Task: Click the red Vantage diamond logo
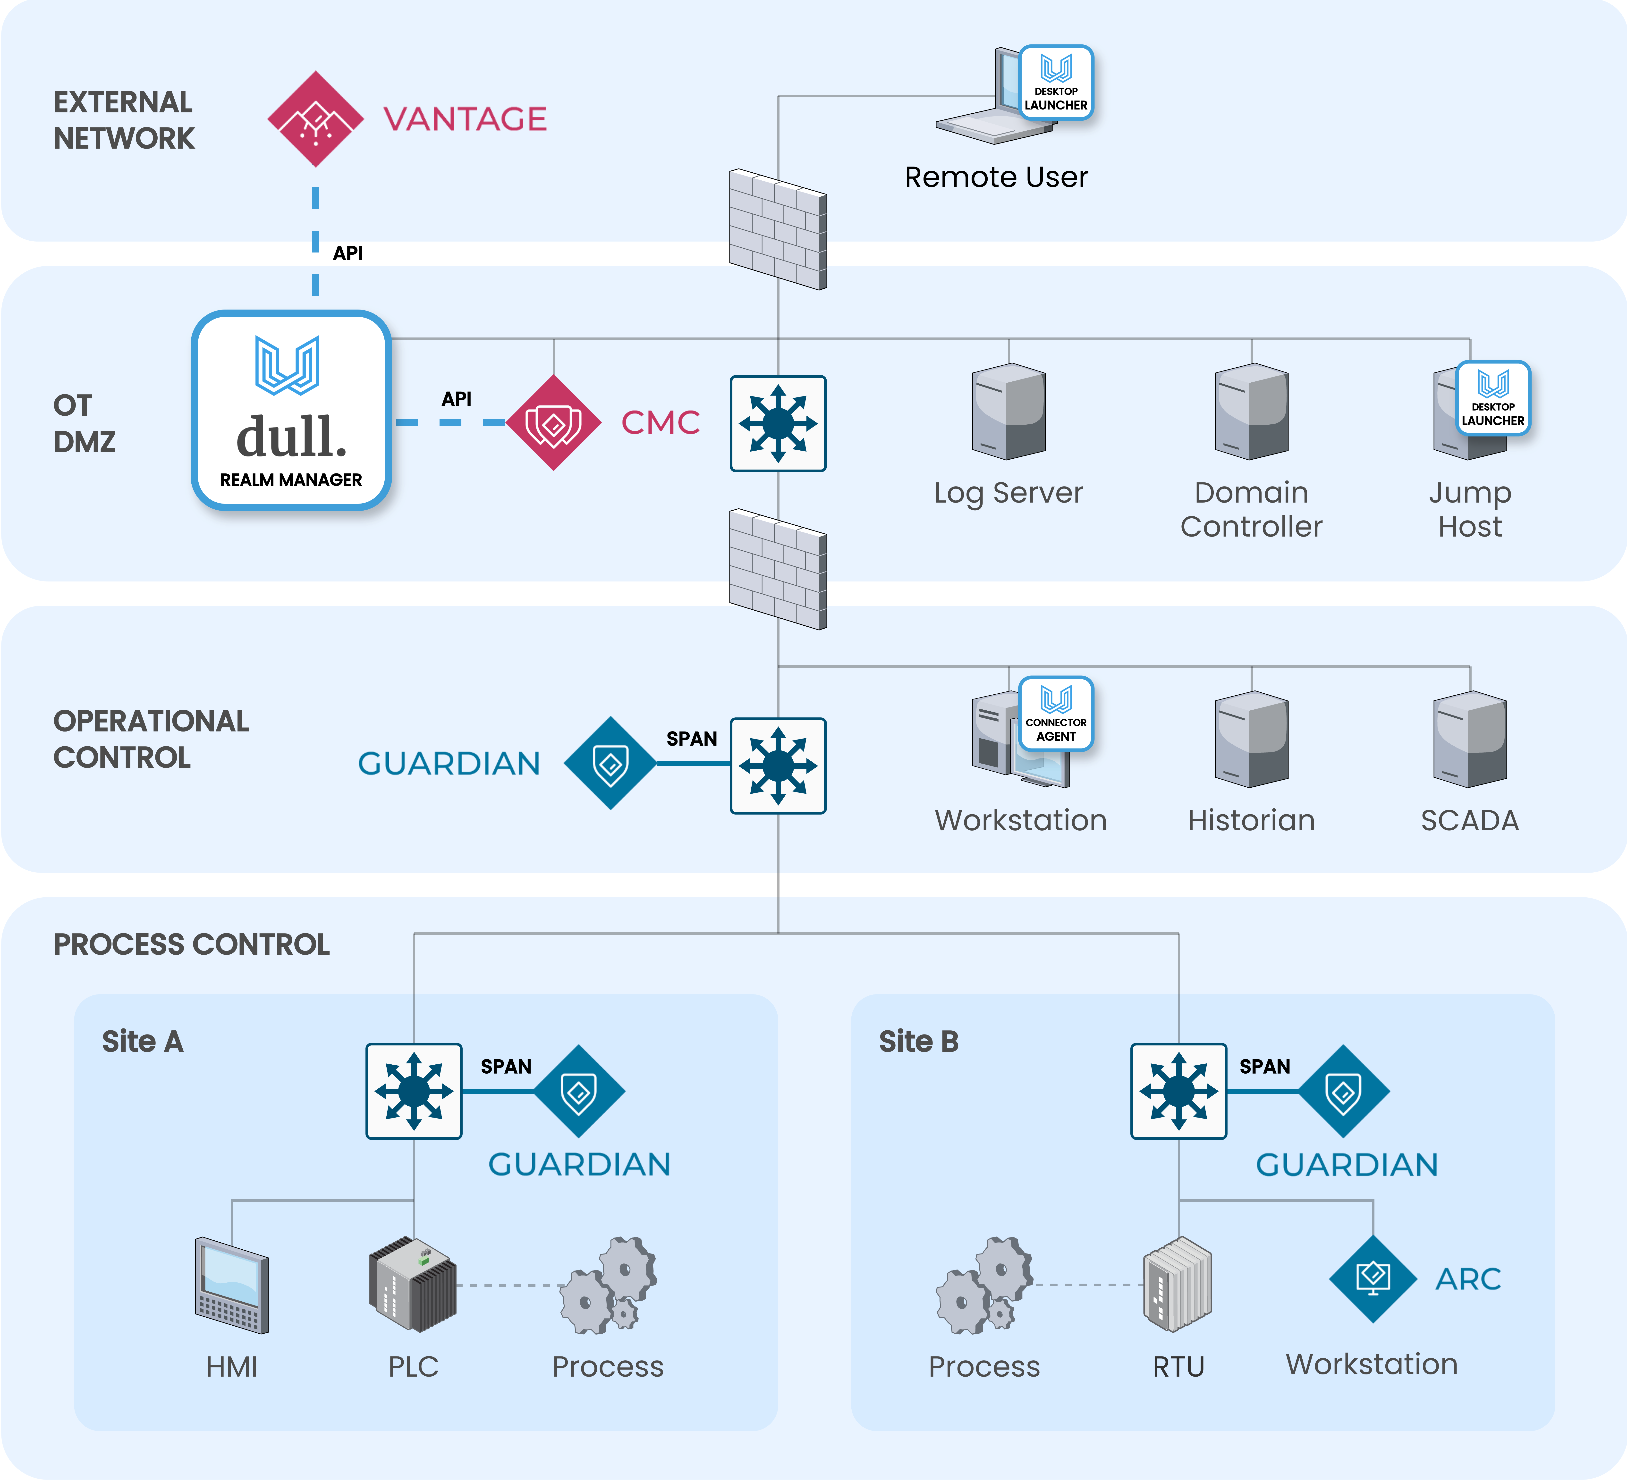(x=315, y=119)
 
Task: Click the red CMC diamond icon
(x=554, y=422)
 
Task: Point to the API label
(x=456, y=399)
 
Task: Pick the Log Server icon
(x=1009, y=412)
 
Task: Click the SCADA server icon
(x=1470, y=739)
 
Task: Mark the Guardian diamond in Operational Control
(x=611, y=763)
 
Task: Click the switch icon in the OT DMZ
(x=778, y=423)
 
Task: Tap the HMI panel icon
(x=232, y=1285)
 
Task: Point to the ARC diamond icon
(x=1373, y=1279)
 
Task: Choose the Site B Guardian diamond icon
(x=1344, y=1091)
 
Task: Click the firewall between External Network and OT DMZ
(x=778, y=229)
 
